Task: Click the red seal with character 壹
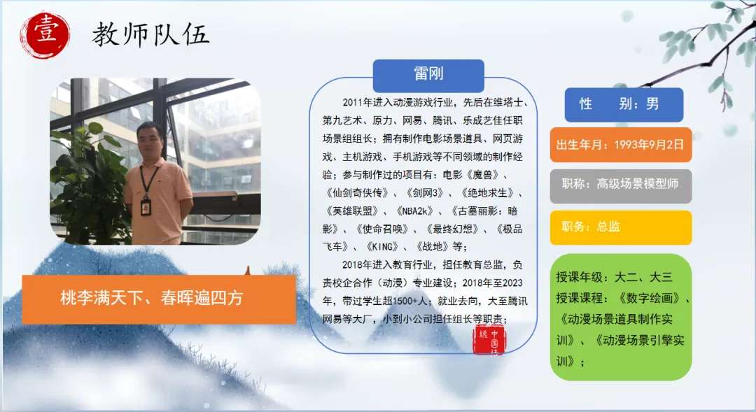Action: (45, 35)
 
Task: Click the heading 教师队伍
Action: (150, 35)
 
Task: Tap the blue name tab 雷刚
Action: (428, 76)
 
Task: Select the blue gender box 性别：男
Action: (624, 104)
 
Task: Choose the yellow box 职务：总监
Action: (621, 227)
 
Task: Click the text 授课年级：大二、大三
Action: (614, 277)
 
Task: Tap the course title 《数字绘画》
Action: (649, 298)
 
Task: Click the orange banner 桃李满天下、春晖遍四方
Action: (159, 299)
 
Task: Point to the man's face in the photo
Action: (150, 140)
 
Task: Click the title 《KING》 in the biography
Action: (382, 247)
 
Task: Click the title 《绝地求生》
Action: (487, 193)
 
